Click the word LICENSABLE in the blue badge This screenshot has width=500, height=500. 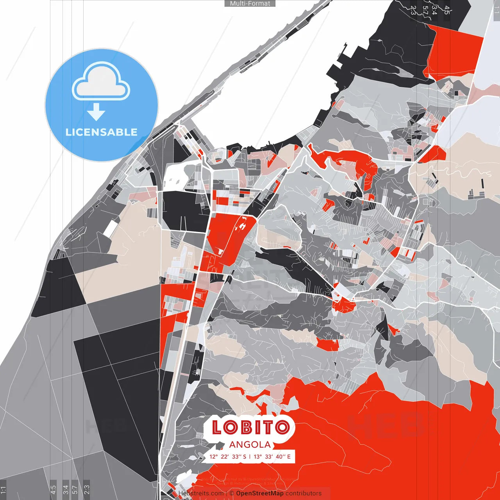(102, 132)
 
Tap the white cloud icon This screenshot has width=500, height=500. (101, 83)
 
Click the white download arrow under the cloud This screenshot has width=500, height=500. (96, 112)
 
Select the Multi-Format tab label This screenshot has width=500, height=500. (250, 4)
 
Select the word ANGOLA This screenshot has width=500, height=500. (250, 445)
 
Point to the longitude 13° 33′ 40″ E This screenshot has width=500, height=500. (272, 457)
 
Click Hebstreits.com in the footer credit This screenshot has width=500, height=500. (201, 493)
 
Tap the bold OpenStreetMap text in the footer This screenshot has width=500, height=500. (260, 493)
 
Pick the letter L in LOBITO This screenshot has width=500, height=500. (218, 427)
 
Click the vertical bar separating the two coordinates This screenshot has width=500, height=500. (250, 457)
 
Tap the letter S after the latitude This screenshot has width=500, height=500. (245, 457)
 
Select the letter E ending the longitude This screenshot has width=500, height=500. (289, 457)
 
